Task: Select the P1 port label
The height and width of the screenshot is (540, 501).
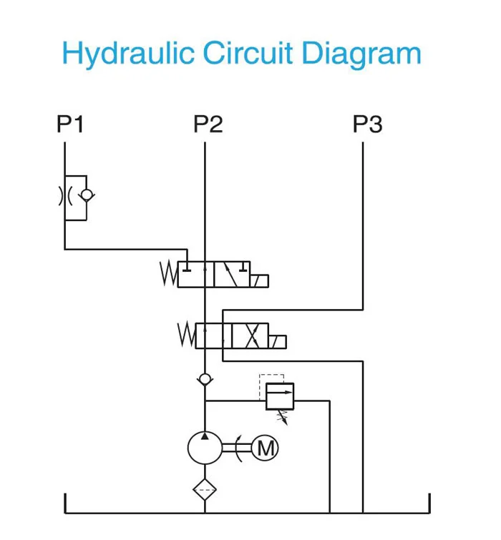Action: click(70, 124)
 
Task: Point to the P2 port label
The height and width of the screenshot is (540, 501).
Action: click(208, 124)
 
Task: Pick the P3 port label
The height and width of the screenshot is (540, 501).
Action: click(367, 124)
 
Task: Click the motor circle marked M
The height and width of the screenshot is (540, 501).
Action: click(266, 448)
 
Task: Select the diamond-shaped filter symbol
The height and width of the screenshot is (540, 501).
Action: click(205, 491)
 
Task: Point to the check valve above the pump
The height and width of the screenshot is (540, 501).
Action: click(205, 378)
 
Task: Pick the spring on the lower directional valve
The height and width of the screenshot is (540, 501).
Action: click(186, 334)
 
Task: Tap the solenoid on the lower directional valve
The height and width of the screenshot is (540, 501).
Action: click(278, 340)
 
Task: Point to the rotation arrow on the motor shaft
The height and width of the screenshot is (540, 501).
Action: click(240, 449)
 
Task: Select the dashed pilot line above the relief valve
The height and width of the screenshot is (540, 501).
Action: click(272, 375)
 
